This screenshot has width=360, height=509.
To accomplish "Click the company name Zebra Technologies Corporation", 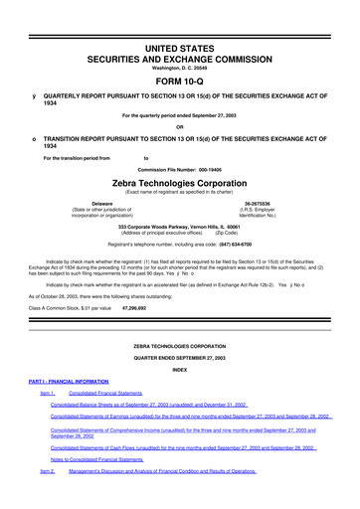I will pos(179,186).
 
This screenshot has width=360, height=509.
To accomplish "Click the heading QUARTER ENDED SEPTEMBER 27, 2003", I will pos(179,358).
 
